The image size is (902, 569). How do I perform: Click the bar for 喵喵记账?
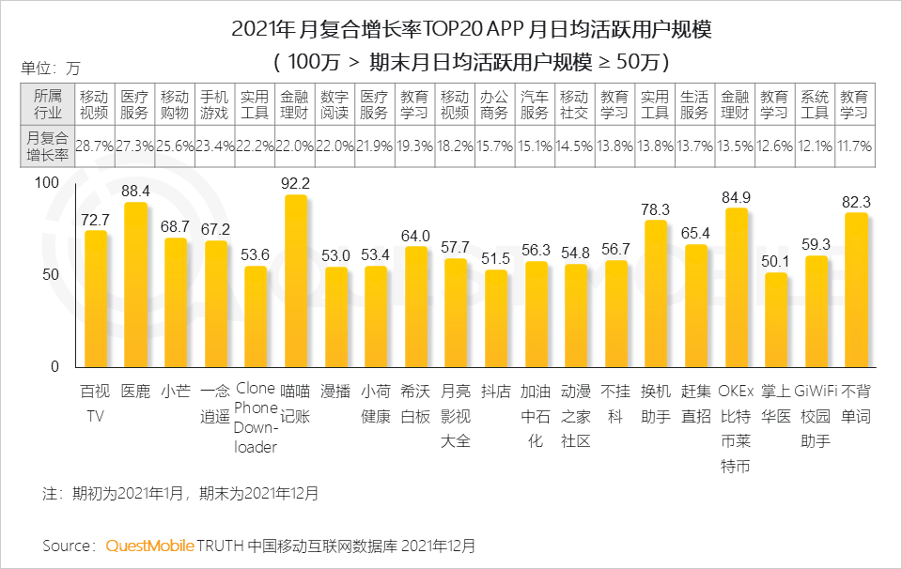[296, 282]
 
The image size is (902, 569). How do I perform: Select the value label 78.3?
[656, 209]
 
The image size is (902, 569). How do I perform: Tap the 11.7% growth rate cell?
[854, 146]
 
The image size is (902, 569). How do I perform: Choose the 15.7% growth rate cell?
[494, 146]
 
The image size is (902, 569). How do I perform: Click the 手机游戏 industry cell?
[215, 104]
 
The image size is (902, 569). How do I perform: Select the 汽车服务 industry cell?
[535, 104]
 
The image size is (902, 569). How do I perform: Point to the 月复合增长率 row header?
[47, 146]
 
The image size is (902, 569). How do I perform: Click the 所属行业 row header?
[47, 104]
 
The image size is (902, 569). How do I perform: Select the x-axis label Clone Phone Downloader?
[256, 418]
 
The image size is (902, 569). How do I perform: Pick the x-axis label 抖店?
[495, 390]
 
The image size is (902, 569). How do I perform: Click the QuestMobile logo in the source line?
[150, 546]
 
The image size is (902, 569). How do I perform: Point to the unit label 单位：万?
[51, 68]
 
